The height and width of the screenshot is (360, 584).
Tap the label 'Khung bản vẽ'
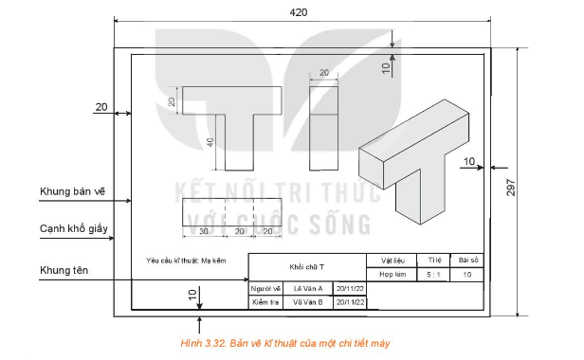coord(72,190)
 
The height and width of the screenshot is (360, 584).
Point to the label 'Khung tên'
coord(64,271)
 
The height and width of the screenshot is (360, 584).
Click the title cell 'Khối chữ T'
coord(307,267)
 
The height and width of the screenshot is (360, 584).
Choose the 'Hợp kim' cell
coord(392,274)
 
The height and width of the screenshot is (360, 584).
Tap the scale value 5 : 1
coord(435,274)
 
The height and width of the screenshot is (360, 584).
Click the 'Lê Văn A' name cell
coord(308,288)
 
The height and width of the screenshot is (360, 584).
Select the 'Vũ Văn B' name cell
coord(308,303)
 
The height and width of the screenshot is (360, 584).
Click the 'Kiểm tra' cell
coord(266,303)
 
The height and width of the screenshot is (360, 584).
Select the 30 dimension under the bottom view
coord(201,230)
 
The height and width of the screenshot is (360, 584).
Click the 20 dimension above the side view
coord(323,73)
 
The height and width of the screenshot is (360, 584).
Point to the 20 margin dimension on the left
coord(101,107)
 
